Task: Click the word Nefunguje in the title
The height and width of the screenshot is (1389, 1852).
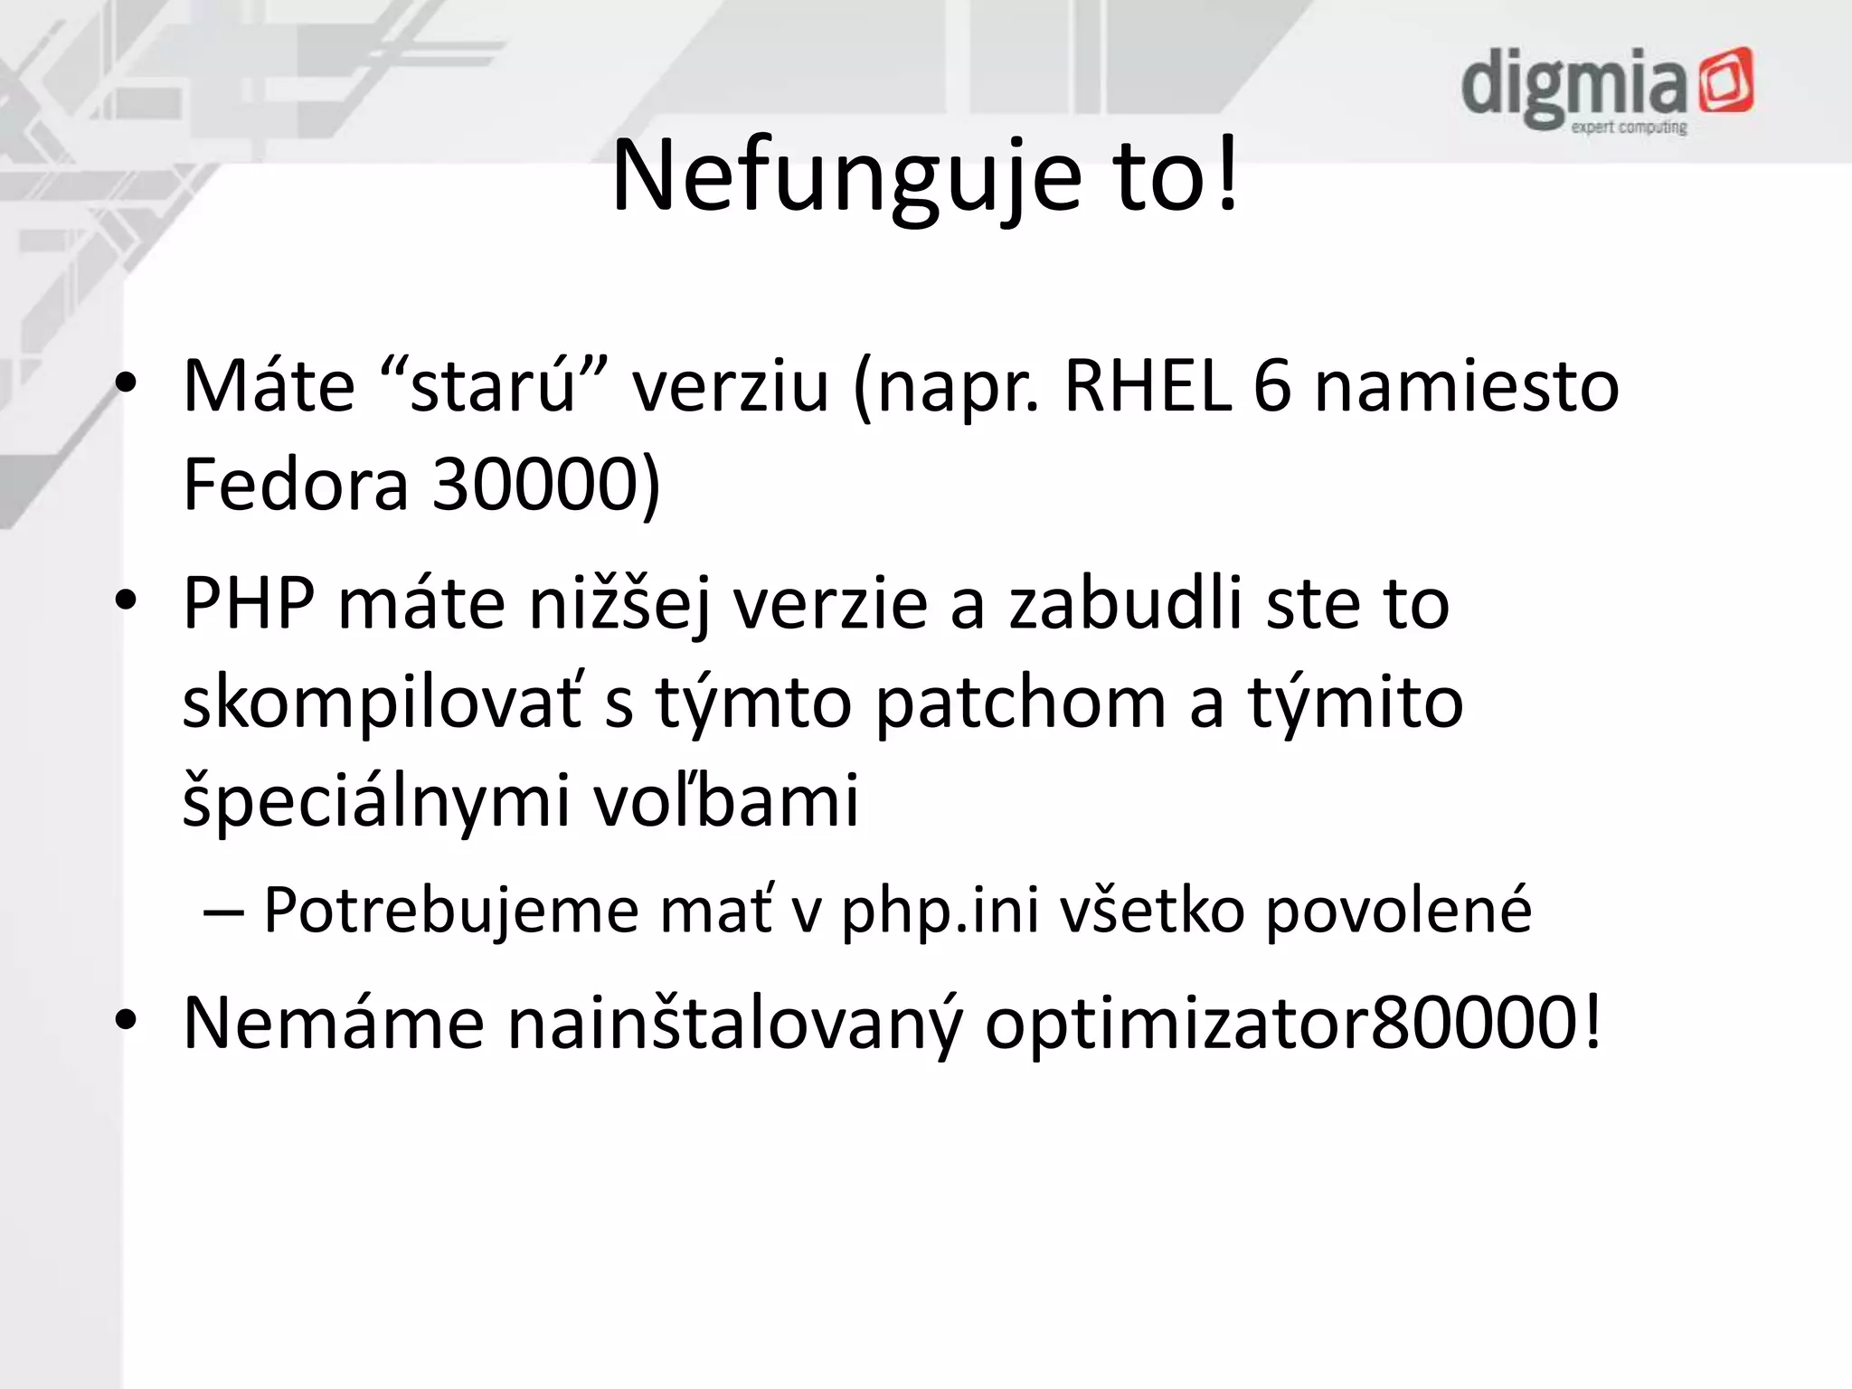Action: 846,176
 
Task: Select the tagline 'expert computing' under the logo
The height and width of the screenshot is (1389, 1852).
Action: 1629,128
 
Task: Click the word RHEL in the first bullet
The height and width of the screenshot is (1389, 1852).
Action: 1148,387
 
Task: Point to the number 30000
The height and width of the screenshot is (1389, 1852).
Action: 546,485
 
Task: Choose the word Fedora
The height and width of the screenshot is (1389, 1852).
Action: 296,485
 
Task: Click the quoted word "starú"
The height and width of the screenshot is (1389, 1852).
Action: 493,387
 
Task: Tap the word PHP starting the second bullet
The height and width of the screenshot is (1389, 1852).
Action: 249,603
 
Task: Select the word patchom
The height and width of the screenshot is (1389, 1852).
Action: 1020,704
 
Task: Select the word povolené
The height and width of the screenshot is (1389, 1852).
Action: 1398,910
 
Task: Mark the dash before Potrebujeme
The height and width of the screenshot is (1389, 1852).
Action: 222,912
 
